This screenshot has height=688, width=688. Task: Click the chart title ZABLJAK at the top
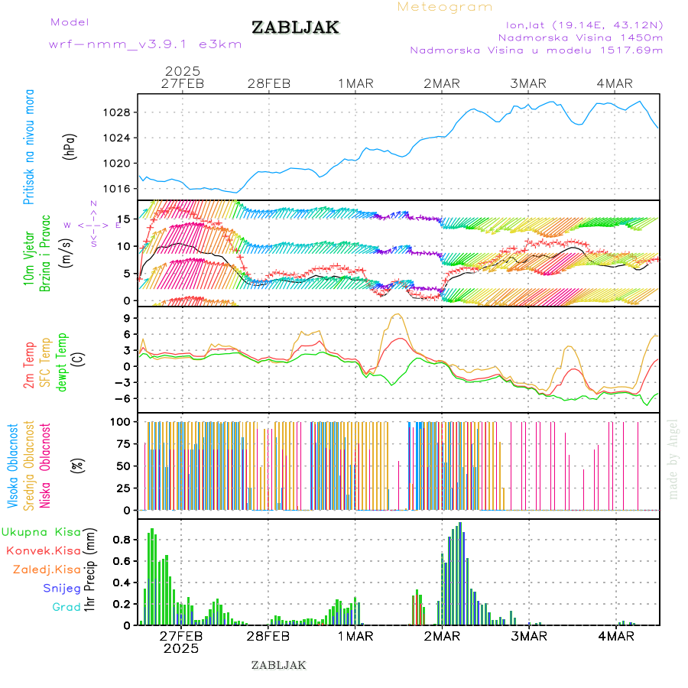coord(295,28)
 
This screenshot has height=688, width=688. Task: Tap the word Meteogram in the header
coord(445,7)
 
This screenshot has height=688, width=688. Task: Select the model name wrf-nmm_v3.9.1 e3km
coord(145,44)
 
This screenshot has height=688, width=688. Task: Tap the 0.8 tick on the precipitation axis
coord(120,540)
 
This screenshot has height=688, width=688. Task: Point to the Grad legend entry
coord(66,607)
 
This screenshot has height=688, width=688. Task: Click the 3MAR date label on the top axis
coord(529,83)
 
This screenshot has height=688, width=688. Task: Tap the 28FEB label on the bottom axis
coord(269,636)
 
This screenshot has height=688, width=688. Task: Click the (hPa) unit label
coord(70,145)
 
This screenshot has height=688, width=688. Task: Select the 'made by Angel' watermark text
coord(673,459)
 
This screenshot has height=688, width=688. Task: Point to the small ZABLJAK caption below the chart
coord(278,665)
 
